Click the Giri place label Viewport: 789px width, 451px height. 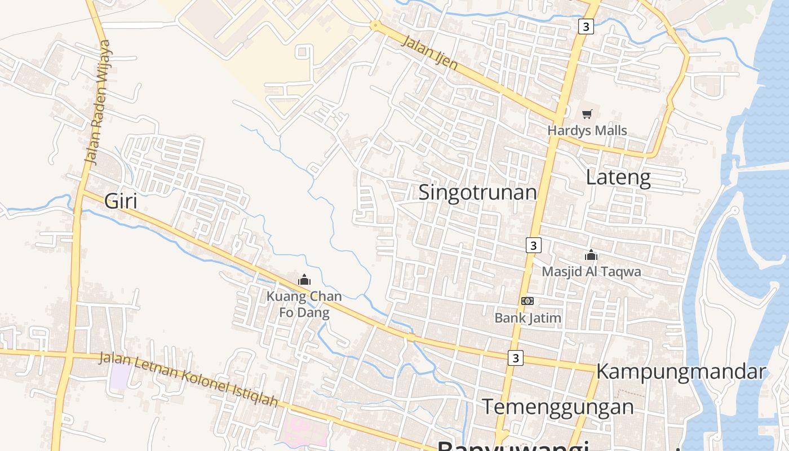pos(121,201)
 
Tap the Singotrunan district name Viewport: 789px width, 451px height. pos(477,192)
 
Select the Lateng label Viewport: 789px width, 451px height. pos(618,178)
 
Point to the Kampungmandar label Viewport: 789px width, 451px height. pos(681,372)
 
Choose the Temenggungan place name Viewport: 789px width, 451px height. pos(558,406)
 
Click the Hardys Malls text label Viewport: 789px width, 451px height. pos(587,131)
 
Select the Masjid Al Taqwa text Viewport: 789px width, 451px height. pos(591,272)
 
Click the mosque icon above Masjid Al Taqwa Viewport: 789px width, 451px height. pos(591,255)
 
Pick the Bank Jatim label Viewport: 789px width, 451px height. pos(528,318)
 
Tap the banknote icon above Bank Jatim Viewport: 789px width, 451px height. pos(527,301)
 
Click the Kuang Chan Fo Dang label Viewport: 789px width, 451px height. pos(304,304)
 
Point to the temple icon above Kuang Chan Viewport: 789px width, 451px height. pos(304,280)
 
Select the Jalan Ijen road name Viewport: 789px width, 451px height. pos(429,52)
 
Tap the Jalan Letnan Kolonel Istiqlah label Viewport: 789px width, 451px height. pos(189,379)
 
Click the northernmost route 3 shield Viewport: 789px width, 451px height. pos(586,26)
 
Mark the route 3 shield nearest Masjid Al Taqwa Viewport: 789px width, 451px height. pos(533,245)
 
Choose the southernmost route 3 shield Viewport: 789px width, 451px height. pos(515,358)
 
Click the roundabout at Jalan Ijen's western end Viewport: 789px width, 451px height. pos(375,25)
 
